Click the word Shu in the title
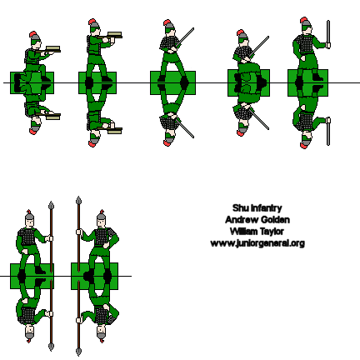point(239,208)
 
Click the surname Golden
point(272,220)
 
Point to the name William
point(241,232)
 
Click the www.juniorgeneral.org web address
point(257,243)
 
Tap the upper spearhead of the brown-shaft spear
point(78,202)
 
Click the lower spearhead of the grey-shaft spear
point(52,342)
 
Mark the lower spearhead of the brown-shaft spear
point(78,346)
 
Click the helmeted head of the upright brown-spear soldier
point(101,218)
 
